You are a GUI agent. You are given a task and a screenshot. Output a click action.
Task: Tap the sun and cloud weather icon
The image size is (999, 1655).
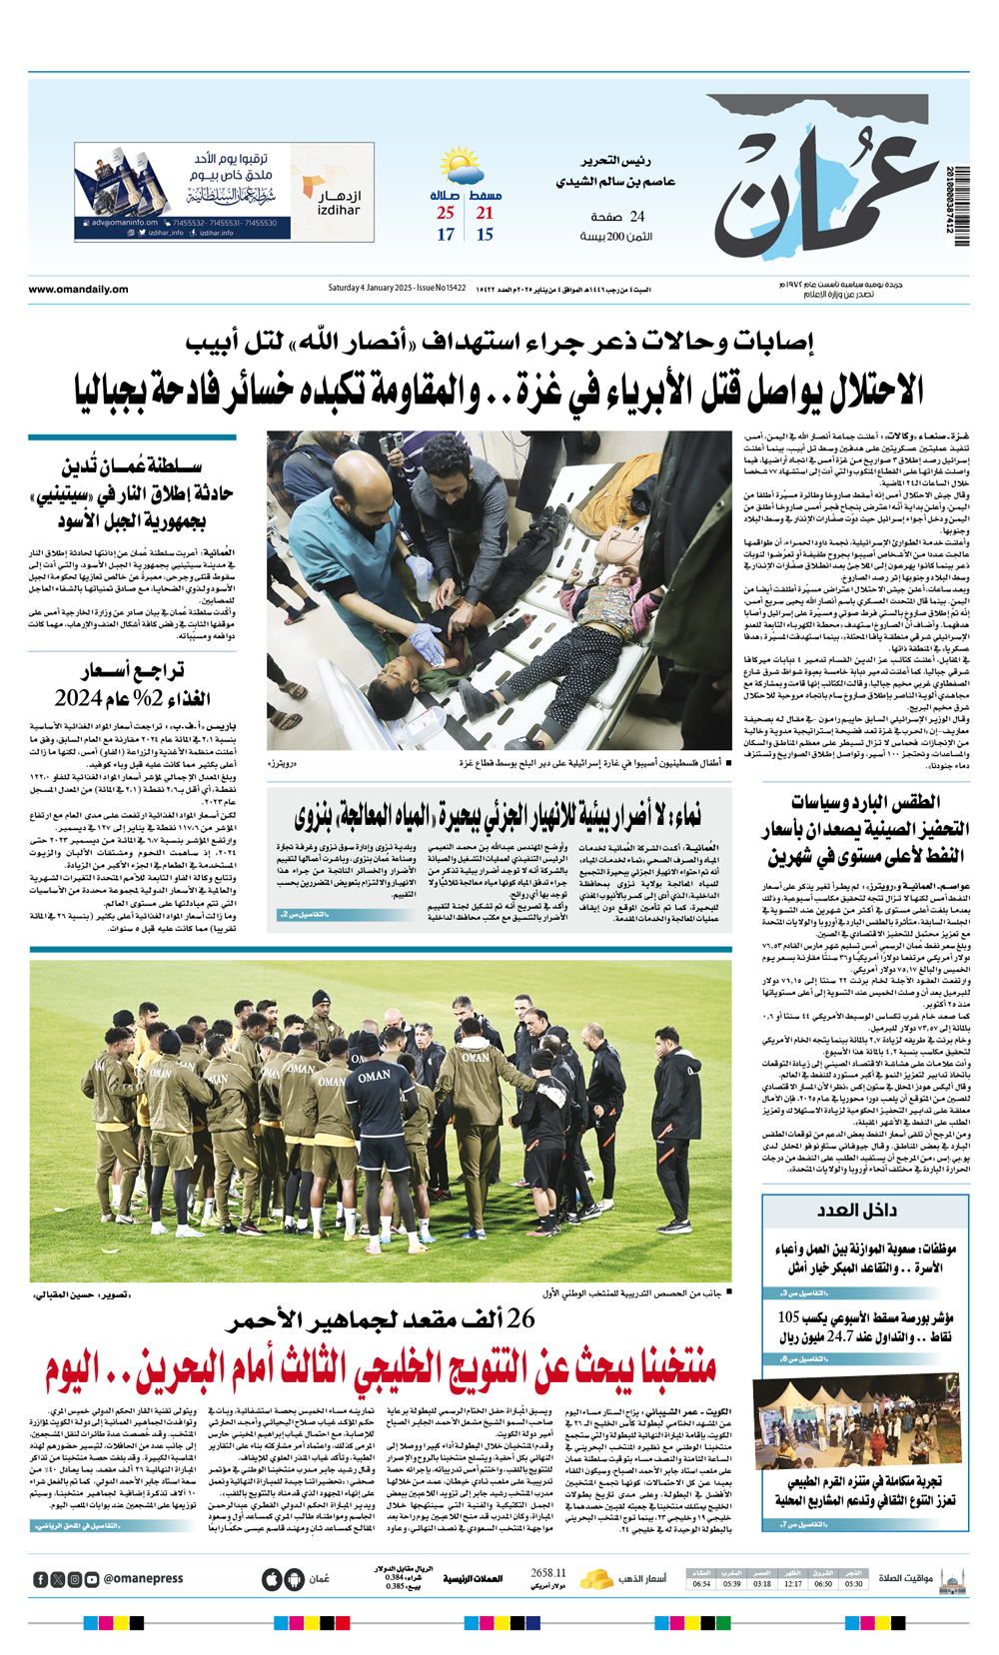point(461,166)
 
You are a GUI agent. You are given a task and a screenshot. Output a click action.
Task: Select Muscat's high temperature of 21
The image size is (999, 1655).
point(485,213)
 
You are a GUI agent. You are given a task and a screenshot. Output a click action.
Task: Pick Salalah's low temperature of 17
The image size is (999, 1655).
point(446,235)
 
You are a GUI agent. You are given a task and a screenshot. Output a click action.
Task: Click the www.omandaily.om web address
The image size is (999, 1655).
point(78,290)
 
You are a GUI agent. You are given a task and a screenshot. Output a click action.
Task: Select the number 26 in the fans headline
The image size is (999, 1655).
point(520,1319)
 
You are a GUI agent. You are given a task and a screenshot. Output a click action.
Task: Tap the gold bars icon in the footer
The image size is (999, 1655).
point(596,1579)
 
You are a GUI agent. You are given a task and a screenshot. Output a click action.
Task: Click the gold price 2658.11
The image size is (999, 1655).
point(548,1573)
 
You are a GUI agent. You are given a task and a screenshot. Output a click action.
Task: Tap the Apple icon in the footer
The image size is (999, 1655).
point(272,1579)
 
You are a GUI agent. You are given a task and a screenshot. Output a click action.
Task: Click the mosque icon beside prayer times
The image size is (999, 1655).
point(952,1579)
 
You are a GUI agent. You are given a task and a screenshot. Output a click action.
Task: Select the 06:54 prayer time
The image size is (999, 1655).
point(701,1584)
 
